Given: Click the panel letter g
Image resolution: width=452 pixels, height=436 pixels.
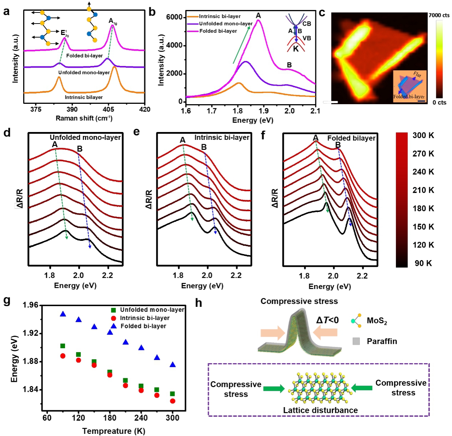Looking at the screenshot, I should (x=6, y=301).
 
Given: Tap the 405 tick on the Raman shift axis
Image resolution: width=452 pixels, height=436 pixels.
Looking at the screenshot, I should (x=109, y=110).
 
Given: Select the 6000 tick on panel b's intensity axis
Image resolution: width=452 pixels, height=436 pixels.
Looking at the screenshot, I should (x=175, y=17).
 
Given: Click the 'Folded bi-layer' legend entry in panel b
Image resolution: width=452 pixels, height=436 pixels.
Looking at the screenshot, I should (x=218, y=31).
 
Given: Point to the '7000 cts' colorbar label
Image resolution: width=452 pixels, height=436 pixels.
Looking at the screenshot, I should (x=439, y=15).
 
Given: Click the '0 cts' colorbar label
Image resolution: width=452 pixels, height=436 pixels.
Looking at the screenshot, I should (x=440, y=102).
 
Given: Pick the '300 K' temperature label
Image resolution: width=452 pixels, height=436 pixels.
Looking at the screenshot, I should (x=423, y=136).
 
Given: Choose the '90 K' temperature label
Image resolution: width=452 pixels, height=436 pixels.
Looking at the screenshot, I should (x=423, y=263).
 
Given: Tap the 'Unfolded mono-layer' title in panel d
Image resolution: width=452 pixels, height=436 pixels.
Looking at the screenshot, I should (x=85, y=137).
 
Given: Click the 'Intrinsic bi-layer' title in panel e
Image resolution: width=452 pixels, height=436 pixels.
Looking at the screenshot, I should (x=222, y=137).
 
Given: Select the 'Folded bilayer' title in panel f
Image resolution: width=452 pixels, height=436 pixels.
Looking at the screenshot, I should (x=351, y=138).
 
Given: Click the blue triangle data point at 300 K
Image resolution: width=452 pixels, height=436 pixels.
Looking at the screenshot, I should (x=172, y=365).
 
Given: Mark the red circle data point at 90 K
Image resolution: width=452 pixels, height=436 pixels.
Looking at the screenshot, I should (x=63, y=356).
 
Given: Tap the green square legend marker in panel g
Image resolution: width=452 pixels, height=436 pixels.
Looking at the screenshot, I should (x=114, y=310).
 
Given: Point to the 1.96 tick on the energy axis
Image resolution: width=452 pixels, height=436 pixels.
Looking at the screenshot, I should (x=30, y=305).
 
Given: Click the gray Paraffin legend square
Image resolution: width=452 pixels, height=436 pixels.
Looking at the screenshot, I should (x=356, y=341).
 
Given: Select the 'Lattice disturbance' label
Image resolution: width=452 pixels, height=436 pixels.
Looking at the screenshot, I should (x=320, y=410).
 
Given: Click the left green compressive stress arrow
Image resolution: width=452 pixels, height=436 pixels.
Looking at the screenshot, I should (x=274, y=389).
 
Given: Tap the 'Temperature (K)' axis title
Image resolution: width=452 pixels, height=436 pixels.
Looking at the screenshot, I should (x=114, y=431).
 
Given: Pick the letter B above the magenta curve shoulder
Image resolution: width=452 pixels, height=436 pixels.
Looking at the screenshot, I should (x=289, y=65).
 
